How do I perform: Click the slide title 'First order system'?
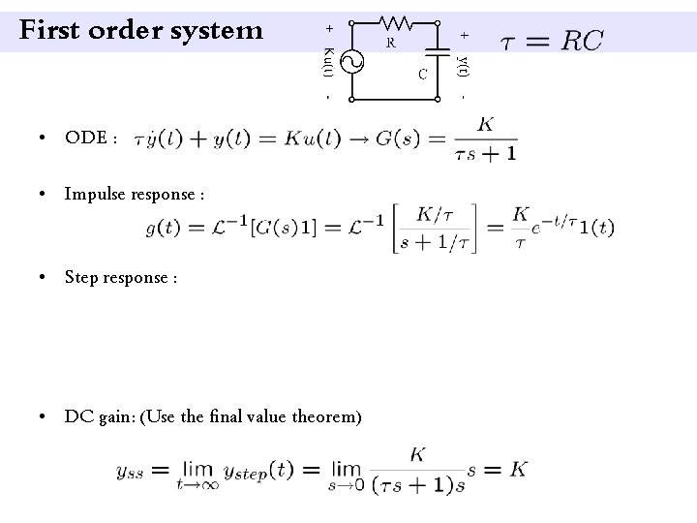point(141,31)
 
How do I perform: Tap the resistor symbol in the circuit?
point(393,20)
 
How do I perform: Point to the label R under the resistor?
point(389,44)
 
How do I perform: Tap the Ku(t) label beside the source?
point(328,60)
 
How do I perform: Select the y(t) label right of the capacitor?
point(464,64)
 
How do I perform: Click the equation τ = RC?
point(552,40)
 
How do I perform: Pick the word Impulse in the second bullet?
point(93,195)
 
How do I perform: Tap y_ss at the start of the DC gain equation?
point(132,472)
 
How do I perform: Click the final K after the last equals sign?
point(519,469)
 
